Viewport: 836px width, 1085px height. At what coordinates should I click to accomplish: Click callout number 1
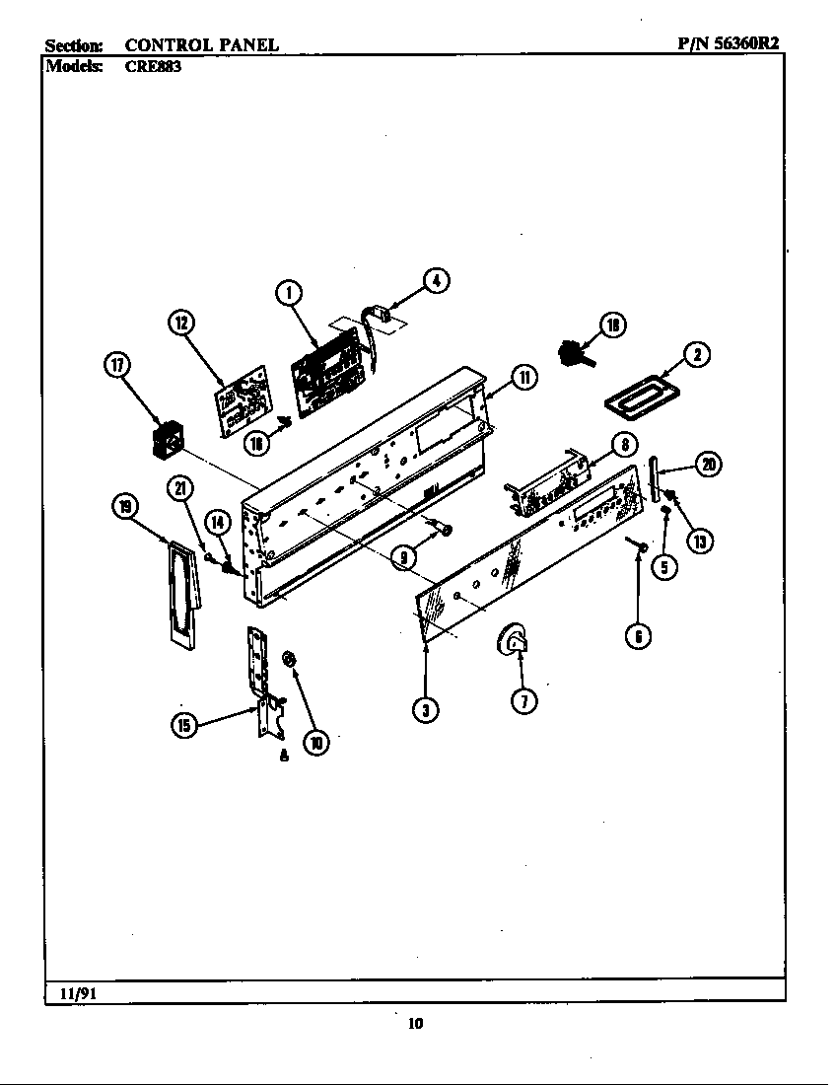(288, 291)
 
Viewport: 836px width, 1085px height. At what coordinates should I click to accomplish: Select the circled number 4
(436, 280)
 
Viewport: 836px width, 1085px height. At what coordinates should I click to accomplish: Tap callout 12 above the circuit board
(181, 323)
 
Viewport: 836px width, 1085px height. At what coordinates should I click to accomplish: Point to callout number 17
(117, 366)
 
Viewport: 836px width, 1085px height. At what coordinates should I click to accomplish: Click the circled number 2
(697, 355)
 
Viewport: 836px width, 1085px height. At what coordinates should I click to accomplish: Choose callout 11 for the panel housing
(523, 377)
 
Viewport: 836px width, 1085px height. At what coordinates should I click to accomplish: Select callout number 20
(708, 464)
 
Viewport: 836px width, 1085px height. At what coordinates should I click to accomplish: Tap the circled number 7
(524, 701)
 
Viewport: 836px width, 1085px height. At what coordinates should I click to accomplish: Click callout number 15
(183, 726)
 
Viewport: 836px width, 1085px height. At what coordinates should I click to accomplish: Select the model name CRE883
(153, 68)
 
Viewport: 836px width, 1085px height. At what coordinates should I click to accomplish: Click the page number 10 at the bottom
(415, 1024)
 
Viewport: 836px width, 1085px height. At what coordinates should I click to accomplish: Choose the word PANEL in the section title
(245, 44)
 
